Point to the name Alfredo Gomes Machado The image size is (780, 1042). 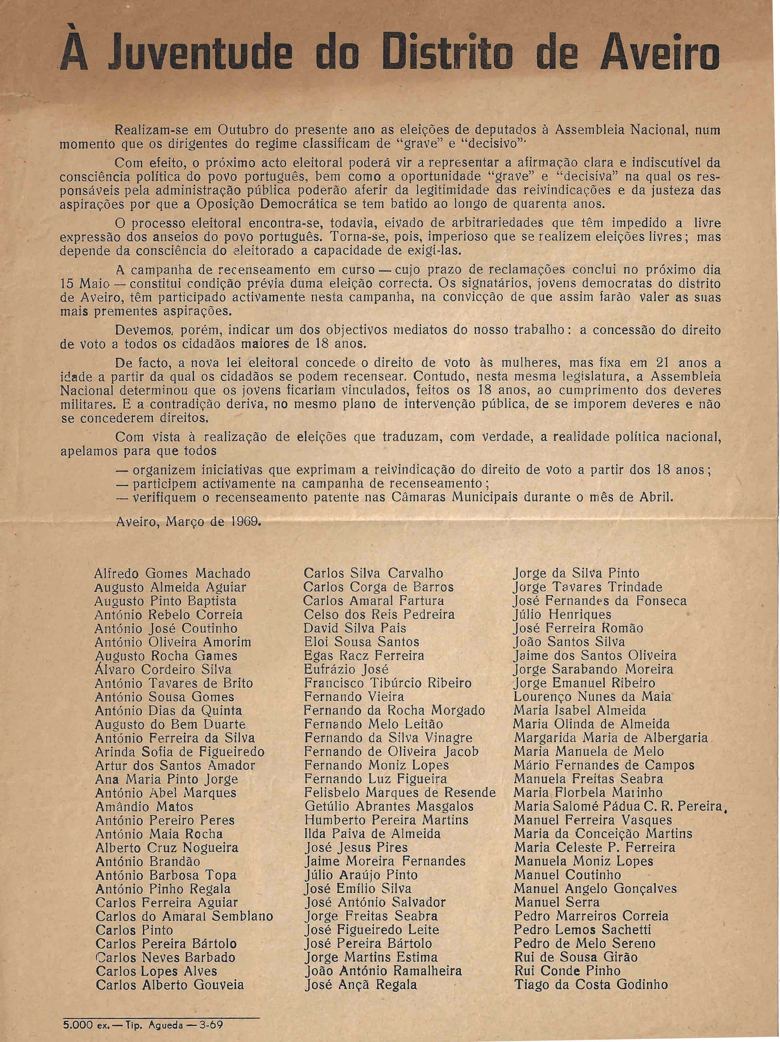tap(172, 574)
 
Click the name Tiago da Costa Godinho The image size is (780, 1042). tap(591, 984)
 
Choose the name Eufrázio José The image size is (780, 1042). tap(346, 670)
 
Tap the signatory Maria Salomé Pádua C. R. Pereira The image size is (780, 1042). tap(617, 806)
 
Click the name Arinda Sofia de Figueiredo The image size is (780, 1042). tap(180, 752)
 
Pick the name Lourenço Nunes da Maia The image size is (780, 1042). tap(592, 697)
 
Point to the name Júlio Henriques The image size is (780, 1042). tap(562, 615)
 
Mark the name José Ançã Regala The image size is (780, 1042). tap(361, 984)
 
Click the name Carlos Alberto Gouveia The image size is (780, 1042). tap(170, 984)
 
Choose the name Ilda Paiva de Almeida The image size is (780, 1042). tap(372, 834)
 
